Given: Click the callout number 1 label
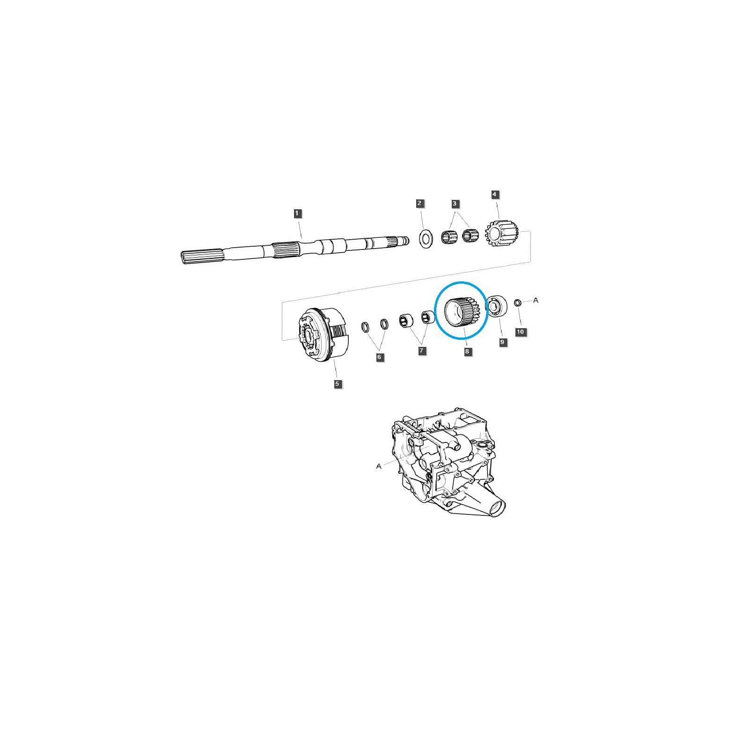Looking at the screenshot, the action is [296, 213].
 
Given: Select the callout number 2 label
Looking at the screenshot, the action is [419, 203].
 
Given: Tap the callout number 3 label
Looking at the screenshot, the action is [455, 204].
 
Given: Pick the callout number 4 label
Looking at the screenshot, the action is [495, 194].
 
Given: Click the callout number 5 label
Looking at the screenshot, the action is [338, 384].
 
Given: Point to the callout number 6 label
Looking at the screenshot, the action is [380, 357].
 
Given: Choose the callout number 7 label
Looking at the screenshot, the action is [422, 350].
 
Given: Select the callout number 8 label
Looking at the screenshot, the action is [467, 352].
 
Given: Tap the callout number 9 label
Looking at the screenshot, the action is [502, 342].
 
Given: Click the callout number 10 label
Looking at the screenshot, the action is [521, 332].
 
